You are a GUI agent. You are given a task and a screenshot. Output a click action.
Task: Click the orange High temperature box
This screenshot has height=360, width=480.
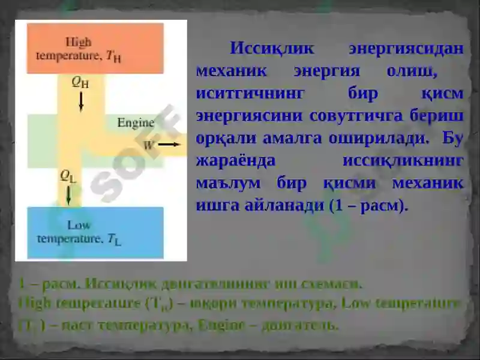[95, 48]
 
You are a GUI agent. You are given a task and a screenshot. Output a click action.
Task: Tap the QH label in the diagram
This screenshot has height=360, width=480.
[80, 83]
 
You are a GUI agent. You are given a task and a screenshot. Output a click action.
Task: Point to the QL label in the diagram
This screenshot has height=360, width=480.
[68, 176]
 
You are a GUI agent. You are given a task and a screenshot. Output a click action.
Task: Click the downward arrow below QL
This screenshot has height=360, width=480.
[69, 194]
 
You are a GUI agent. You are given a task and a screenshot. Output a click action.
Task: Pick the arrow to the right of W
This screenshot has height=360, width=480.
[169, 145]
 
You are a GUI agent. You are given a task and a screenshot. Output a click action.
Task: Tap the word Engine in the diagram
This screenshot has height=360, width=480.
[136, 122]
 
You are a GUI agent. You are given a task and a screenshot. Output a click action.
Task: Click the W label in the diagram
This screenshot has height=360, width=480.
[148, 145]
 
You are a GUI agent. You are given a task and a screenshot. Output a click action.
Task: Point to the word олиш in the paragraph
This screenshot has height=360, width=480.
[410, 71]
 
